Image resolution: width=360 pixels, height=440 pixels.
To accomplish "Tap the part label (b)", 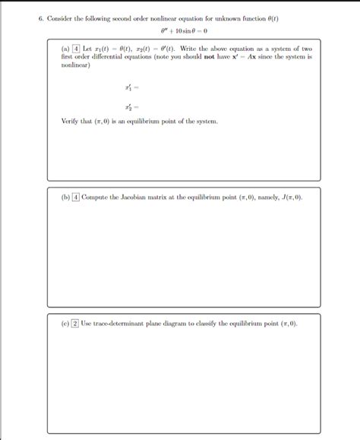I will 65,197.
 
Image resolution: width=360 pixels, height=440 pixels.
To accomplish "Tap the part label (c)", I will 65,322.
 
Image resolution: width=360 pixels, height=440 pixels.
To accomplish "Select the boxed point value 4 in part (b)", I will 76,197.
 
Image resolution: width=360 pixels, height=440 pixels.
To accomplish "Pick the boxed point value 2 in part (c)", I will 75,322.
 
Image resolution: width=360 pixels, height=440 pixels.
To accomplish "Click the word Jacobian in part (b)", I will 132,197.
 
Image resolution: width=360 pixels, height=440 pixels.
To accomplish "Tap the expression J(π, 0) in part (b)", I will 289,197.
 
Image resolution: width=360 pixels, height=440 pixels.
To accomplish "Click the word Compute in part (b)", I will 96,197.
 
